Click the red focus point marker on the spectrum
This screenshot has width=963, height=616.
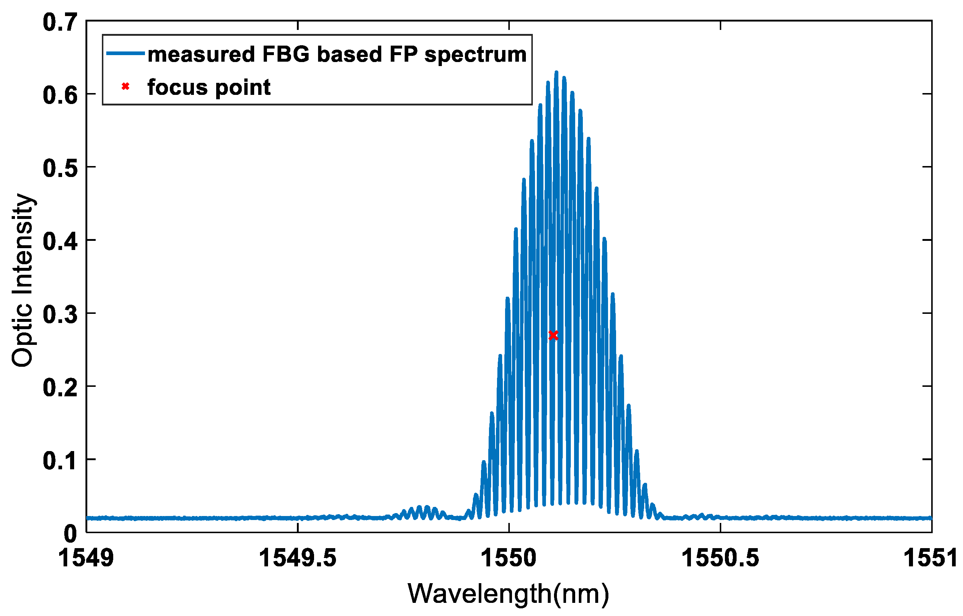click(x=553, y=335)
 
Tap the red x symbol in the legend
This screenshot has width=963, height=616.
click(x=125, y=86)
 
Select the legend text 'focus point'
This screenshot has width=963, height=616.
click(x=209, y=87)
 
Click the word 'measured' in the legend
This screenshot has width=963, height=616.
click(x=201, y=54)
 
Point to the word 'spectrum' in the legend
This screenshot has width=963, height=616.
click(x=475, y=55)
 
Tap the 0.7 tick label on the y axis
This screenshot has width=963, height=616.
click(x=60, y=22)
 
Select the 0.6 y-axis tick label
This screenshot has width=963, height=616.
click(x=60, y=96)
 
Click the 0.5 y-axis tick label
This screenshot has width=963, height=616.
click(x=60, y=168)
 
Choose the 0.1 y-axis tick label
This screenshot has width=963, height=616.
click(x=60, y=461)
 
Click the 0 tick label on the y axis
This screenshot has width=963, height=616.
click(x=70, y=534)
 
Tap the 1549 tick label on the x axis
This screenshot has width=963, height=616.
click(x=86, y=558)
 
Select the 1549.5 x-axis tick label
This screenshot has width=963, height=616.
click(x=297, y=558)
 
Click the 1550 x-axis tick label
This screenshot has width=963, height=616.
click(x=508, y=558)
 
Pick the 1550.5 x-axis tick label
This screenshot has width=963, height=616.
click(x=720, y=558)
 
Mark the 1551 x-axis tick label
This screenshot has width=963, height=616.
click(x=929, y=558)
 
